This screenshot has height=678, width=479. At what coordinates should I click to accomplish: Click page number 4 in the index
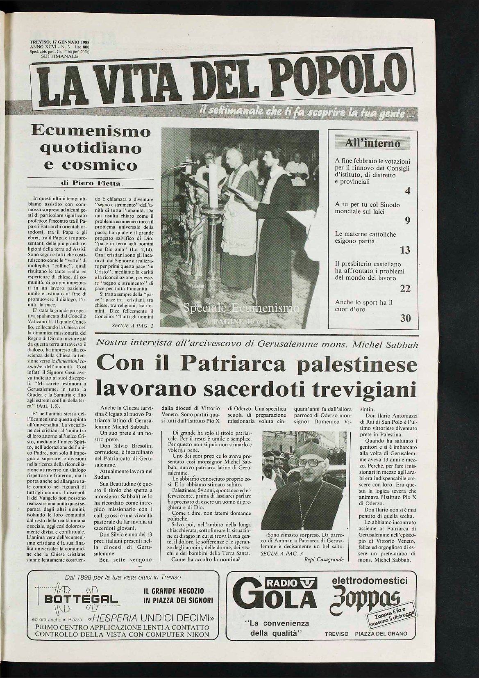tap(407, 190)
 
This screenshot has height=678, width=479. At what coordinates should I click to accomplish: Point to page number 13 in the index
tap(404, 250)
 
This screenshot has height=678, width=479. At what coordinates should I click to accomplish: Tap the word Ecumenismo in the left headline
tap(91, 132)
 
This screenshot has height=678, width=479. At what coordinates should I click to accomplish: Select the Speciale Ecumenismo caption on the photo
tap(242, 308)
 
